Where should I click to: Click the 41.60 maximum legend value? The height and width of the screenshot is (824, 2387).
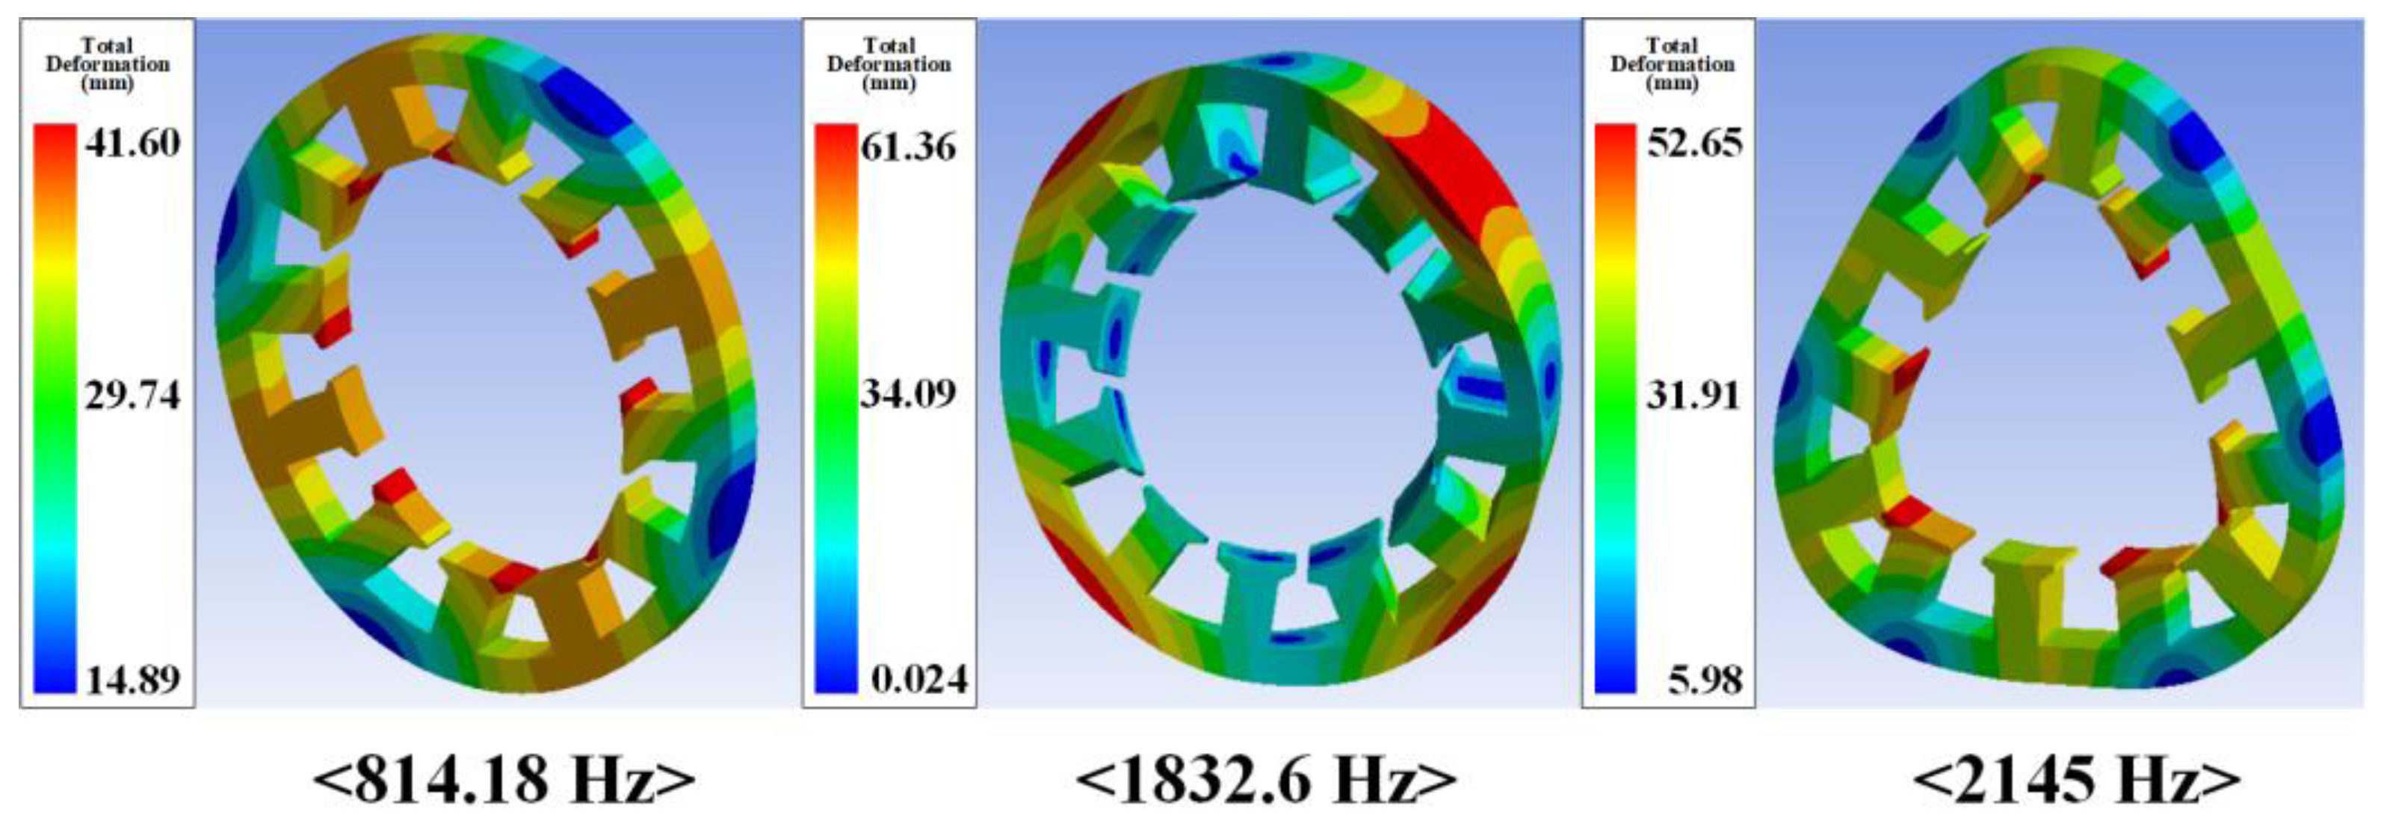(132, 144)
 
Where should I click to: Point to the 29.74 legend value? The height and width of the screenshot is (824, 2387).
(132, 396)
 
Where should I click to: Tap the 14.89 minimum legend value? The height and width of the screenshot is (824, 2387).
(132, 680)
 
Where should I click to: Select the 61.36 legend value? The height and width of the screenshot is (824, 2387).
(908, 147)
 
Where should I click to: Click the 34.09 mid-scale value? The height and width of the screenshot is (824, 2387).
(908, 394)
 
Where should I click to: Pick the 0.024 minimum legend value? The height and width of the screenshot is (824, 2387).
(919, 680)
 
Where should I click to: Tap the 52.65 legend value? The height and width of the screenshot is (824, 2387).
(1695, 143)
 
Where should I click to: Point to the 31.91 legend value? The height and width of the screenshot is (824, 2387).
(1695, 396)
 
